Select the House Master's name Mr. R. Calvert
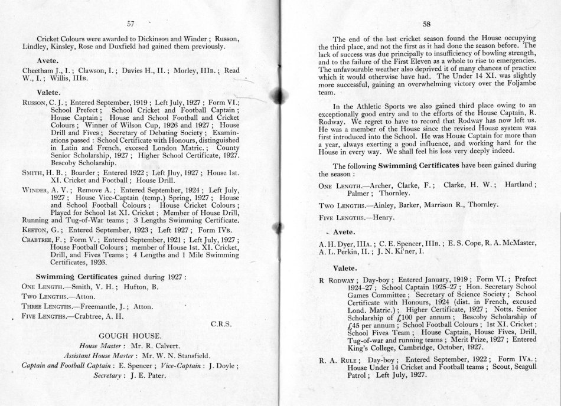pos(156,345)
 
